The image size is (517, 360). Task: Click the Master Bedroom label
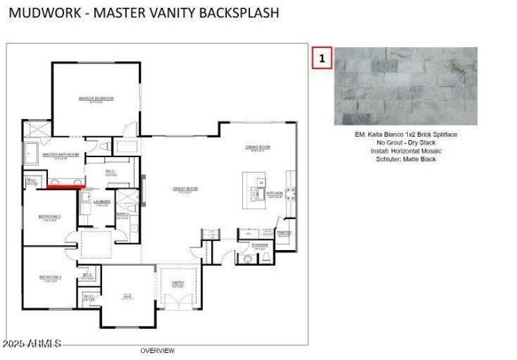pyautogui.click(x=96, y=99)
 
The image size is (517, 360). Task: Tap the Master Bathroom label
pyautogui.click(x=61, y=155)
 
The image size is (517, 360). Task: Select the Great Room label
pyautogui.click(x=185, y=189)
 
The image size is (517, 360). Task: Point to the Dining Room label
pyautogui.click(x=257, y=147)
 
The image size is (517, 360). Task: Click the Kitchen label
pyautogui.click(x=275, y=193)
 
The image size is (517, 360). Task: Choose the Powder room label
pyautogui.click(x=260, y=246)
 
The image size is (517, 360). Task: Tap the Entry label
pyautogui.click(x=178, y=283)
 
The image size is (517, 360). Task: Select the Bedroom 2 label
pyautogui.click(x=50, y=217)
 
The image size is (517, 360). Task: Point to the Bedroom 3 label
pyautogui.click(x=50, y=277)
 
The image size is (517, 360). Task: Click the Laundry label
pyautogui.click(x=102, y=202)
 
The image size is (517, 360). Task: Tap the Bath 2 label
pyautogui.click(x=123, y=214)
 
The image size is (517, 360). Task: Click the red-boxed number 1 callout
pyautogui.click(x=322, y=58)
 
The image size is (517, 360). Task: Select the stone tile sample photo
pyautogui.click(x=405, y=86)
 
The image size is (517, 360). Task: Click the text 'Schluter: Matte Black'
pyautogui.click(x=406, y=159)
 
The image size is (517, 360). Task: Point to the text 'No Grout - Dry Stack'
pyautogui.click(x=406, y=143)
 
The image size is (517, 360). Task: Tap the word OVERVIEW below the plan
pyautogui.click(x=157, y=351)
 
